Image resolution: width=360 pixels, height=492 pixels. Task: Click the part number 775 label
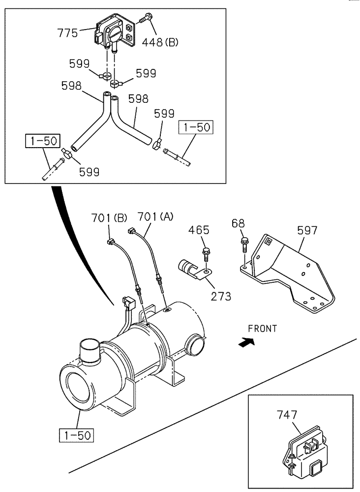click(x=67, y=33)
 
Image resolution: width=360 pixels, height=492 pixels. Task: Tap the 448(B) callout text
click(x=160, y=42)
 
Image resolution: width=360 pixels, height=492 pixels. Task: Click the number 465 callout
click(x=199, y=230)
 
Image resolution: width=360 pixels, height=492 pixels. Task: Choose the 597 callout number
click(x=307, y=230)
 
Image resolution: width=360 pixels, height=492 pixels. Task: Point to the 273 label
click(x=220, y=296)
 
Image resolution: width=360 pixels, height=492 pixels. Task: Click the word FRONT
click(x=262, y=329)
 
